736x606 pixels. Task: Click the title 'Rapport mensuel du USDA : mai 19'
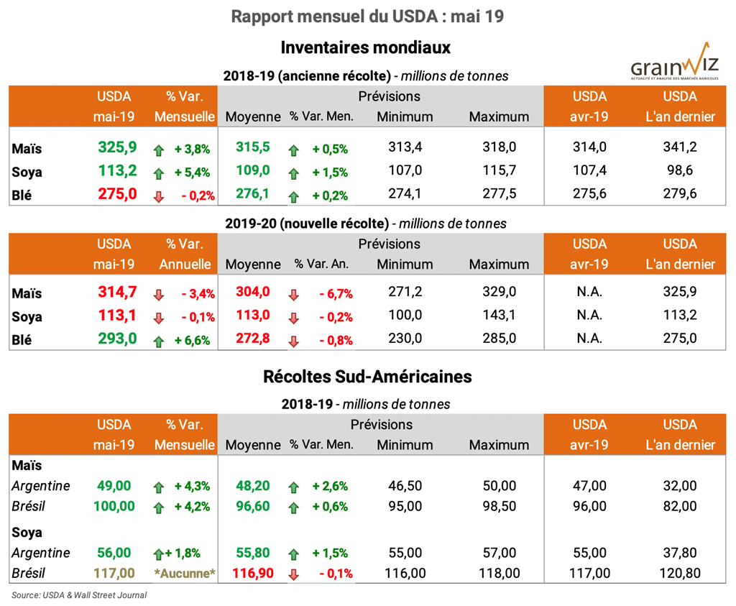[367, 17]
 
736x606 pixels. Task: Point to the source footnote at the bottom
[80, 595]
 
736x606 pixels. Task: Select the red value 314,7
[117, 293]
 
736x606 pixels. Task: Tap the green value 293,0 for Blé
[117, 339]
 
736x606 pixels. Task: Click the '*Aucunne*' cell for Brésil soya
[185, 573]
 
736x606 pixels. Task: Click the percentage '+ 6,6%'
[192, 340]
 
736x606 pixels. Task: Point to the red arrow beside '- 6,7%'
[293, 294]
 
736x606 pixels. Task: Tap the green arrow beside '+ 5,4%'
[159, 173]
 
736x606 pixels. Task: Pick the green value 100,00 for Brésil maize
[114, 506]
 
